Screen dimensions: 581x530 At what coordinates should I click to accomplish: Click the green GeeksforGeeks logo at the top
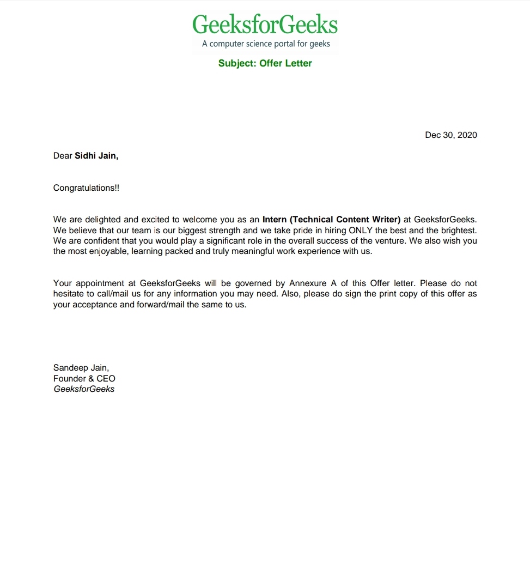tap(265, 25)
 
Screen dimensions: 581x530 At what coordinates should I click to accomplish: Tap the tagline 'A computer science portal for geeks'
tap(266, 44)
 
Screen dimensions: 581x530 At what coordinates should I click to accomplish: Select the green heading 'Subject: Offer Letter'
tap(265, 63)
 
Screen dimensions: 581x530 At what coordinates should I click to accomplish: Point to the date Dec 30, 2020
tap(450, 135)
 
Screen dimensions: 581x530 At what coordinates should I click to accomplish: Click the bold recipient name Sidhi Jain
tap(96, 156)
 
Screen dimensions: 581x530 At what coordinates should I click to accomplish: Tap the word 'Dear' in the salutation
tap(63, 156)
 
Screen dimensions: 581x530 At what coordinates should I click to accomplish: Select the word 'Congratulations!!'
tap(86, 188)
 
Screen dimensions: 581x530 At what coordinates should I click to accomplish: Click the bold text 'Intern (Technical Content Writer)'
tap(331, 220)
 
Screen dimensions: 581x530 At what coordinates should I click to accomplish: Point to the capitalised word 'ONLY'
tap(361, 230)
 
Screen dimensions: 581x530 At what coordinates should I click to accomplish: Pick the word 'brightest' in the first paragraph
tap(459, 230)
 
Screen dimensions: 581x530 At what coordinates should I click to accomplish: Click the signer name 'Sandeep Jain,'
tap(81, 368)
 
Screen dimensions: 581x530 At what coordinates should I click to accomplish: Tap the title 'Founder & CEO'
tap(84, 378)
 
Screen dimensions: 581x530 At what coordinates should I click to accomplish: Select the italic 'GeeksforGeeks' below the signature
tap(84, 389)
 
